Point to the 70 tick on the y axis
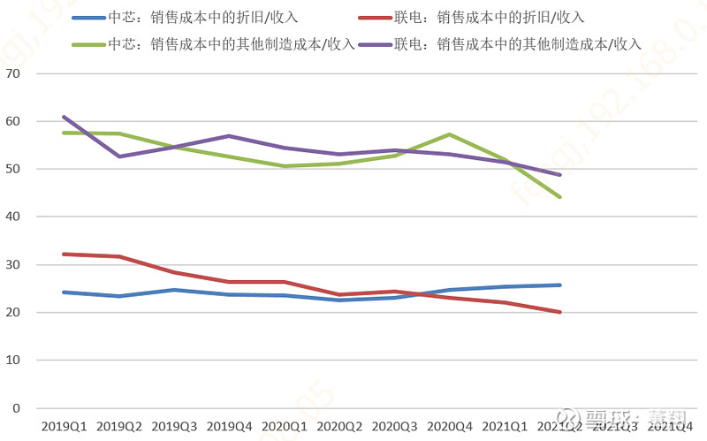[x=12, y=73]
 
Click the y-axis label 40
[x=12, y=217]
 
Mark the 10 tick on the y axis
[x=12, y=361]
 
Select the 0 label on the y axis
[x=16, y=408]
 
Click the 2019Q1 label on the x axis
[x=64, y=426]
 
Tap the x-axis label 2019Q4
[x=229, y=426]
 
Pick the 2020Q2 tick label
[x=339, y=426]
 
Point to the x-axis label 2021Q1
[x=505, y=426]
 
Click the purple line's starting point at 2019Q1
[x=64, y=117]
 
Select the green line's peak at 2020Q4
[x=450, y=134]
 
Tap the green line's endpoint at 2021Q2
[x=560, y=197]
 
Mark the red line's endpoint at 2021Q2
[x=560, y=312]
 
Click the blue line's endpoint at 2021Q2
[x=560, y=285]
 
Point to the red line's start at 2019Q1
[x=64, y=254]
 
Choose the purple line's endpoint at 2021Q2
[x=560, y=175]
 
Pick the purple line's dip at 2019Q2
[x=118, y=156]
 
